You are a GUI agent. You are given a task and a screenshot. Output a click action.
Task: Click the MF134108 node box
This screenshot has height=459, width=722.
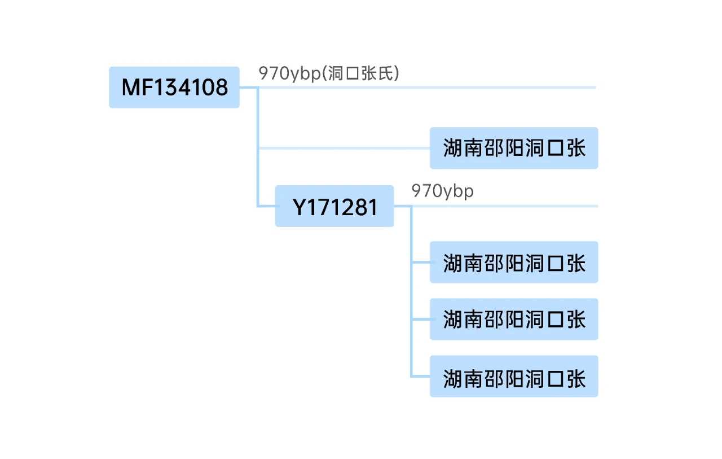(x=174, y=88)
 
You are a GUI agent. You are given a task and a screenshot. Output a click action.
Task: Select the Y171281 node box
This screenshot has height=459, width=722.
(x=334, y=206)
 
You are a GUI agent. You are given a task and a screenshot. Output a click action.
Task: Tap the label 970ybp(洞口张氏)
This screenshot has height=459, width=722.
(x=329, y=73)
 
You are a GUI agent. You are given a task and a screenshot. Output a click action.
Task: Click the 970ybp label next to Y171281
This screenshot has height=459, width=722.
(x=443, y=191)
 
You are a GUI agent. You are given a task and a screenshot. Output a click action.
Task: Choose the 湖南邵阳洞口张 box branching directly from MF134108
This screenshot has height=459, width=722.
(x=513, y=148)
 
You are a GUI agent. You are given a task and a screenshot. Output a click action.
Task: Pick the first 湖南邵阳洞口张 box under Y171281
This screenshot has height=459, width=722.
(x=513, y=263)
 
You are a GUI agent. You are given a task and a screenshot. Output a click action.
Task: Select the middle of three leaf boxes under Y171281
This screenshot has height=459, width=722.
(x=513, y=320)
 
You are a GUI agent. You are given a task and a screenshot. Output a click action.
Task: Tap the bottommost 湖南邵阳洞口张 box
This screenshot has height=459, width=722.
(x=513, y=377)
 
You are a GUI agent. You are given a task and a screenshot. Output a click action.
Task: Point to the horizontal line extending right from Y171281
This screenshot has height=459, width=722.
(x=508, y=206)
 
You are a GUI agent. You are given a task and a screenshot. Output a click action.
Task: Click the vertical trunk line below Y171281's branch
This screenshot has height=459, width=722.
(x=412, y=294)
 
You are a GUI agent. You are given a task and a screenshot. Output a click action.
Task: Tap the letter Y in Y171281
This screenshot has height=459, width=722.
(x=299, y=208)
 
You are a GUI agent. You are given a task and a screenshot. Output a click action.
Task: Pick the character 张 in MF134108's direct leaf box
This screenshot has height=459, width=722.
(x=576, y=148)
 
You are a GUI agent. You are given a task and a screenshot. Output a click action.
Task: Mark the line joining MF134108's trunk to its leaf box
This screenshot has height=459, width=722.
(x=344, y=148)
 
